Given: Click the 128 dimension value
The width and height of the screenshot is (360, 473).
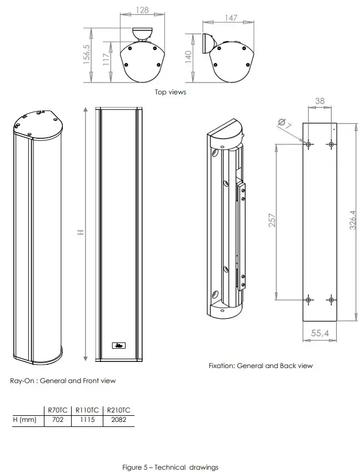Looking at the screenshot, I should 144,10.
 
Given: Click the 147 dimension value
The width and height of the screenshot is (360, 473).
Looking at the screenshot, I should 231,18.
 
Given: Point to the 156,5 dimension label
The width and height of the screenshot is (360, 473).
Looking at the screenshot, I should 87,55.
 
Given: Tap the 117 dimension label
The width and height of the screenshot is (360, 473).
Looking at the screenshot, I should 106,60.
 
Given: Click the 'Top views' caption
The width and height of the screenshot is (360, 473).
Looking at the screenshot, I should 170,92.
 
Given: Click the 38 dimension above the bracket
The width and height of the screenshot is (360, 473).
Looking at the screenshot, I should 320,102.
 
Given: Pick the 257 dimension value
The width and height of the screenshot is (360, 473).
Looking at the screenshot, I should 272,220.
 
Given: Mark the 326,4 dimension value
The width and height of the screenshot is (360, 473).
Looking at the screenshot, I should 352,220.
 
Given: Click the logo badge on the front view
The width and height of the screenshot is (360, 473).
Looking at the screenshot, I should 118,346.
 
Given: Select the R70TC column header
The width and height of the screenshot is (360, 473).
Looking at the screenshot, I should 58,410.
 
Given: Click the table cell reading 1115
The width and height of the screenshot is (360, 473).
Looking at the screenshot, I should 87,420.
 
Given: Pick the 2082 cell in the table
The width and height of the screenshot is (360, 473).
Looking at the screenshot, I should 118,420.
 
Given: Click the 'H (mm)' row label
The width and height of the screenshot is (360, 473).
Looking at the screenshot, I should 24,420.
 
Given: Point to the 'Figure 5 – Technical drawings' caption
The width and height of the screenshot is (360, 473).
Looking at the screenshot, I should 170,467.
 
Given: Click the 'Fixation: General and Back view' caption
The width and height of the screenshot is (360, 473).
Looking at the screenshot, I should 261,366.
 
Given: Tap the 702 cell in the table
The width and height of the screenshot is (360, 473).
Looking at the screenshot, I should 58,420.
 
